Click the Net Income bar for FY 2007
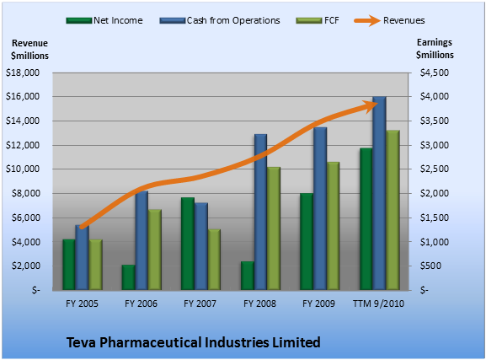188,244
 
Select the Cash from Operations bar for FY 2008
260,212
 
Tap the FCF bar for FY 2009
333,226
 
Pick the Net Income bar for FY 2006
128,277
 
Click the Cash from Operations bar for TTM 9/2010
379,193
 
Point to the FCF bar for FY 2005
96,265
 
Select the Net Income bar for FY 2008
248,276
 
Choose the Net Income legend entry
104,20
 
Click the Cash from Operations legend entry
220,20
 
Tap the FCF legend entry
318,20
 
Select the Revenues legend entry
389,20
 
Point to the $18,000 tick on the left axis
23,73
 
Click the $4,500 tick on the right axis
435,73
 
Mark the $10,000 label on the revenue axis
23,169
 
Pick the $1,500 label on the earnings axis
435,218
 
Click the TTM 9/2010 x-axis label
378,304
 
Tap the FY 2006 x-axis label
141,304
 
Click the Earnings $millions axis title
435,48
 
